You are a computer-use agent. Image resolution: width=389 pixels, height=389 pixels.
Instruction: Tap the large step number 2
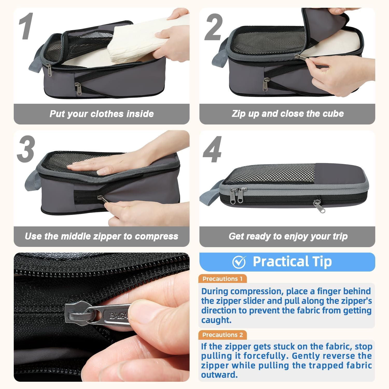[x=214, y=27]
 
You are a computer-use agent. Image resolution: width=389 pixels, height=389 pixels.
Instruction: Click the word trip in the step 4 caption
[x=340, y=237]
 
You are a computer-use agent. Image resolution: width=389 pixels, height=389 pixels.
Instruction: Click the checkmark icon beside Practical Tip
[x=239, y=262]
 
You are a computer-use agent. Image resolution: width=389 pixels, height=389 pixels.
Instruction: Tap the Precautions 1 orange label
[x=223, y=279]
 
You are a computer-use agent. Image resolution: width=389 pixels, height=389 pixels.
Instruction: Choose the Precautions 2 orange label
[x=223, y=335]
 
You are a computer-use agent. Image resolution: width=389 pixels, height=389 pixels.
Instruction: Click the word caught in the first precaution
[x=216, y=320]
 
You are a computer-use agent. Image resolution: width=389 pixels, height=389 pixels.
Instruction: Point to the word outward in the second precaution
[x=219, y=375]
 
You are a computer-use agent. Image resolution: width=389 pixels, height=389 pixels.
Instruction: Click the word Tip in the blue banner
[x=322, y=261]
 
